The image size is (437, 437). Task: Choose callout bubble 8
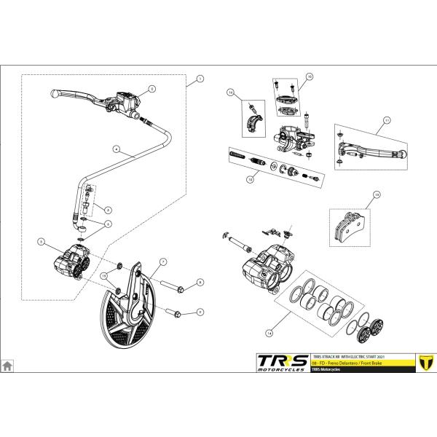200,282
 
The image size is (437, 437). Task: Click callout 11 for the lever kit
387,119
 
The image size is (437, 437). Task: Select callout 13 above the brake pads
376,194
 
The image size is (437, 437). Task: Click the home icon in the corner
7,366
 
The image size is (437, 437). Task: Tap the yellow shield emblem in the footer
421,362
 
